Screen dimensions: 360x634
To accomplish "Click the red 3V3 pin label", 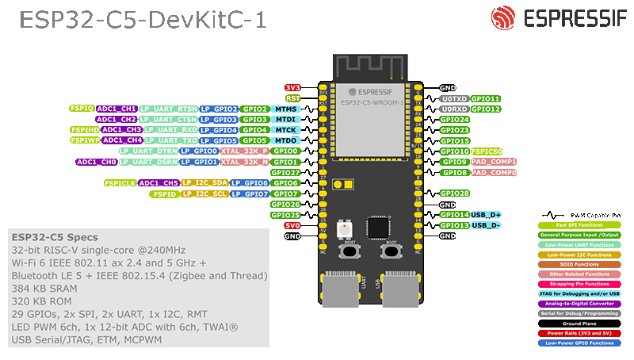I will point(292,87).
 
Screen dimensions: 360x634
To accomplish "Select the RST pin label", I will point(292,98).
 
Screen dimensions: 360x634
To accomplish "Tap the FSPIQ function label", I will point(82,108).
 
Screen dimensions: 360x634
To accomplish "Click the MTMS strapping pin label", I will point(285,109).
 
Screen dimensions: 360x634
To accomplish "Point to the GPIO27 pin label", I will point(285,172).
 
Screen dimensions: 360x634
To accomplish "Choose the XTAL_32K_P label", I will point(244,151).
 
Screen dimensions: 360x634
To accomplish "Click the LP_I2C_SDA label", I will point(204,183).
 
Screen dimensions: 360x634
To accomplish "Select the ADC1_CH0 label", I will point(96,162).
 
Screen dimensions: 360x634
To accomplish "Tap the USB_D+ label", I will point(486,215).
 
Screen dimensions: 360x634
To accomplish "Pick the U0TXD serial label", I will point(454,98).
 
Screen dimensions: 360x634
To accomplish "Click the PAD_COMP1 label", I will point(494,162).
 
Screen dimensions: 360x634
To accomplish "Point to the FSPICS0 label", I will point(487,151).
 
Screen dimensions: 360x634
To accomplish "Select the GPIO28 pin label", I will point(455,193).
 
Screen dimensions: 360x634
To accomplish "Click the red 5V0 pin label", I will point(292,225).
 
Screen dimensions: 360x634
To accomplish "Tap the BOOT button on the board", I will point(389,251).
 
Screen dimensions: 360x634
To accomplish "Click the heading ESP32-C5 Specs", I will point(55,237).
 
